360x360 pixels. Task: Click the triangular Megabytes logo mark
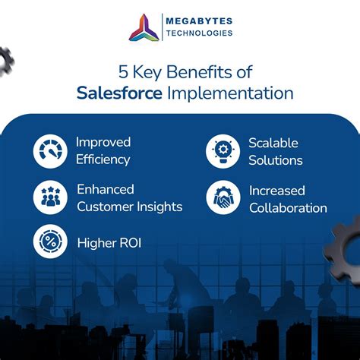(144, 27)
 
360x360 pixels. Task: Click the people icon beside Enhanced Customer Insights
(50, 197)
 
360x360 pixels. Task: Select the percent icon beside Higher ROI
(50, 243)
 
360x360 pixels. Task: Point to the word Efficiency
(103, 160)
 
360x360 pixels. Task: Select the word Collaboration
(288, 207)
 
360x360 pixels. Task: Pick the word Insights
(156, 206)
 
